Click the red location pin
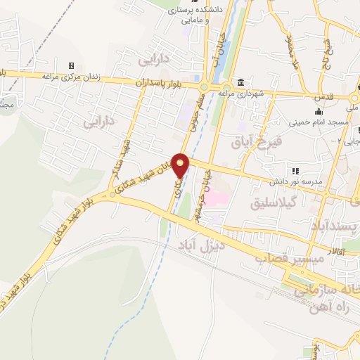181,165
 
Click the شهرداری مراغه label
240,92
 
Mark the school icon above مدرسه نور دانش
295,170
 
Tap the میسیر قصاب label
298,259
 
